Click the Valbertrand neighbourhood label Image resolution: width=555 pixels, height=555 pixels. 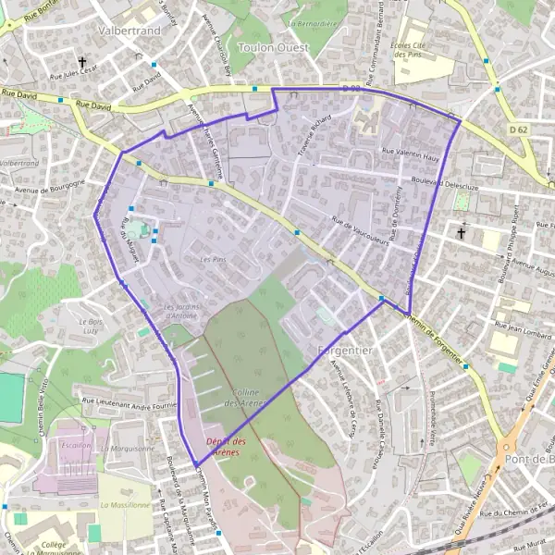tap(129, 30)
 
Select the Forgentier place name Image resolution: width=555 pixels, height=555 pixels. tap(344, 351)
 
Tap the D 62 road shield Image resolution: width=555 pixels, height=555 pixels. tap(519, 130)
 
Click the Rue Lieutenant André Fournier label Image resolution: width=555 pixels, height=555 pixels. tap(129, 404)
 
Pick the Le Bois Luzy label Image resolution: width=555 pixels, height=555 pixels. tap(91, 325)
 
